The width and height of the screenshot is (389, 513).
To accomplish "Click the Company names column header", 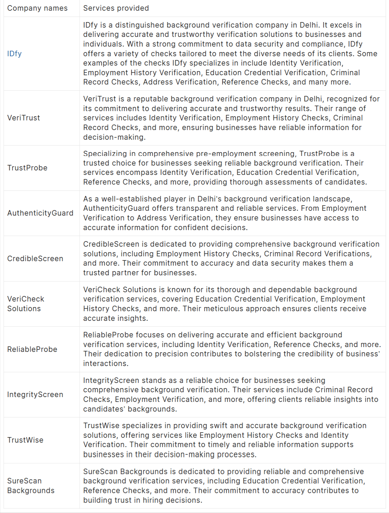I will [37, 8].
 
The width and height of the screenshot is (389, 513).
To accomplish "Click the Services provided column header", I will [116, 8].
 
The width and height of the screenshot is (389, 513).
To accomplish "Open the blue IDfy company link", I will [14, 54].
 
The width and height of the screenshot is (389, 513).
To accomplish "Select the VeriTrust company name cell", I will [23, 118].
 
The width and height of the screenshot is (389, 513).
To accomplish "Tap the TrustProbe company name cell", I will [27, 168].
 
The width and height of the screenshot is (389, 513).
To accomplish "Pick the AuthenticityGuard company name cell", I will [40, 213].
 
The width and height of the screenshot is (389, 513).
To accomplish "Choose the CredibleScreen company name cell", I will [35, 259].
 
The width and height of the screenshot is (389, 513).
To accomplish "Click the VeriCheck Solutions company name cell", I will [26, 304].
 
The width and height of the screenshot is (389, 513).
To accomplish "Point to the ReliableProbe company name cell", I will [32, 349].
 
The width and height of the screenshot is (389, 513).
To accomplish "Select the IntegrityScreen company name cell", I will [35, 395].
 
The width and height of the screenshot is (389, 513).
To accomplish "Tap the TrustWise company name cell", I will [25, 440].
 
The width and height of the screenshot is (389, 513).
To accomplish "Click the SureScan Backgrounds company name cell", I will [31, 486].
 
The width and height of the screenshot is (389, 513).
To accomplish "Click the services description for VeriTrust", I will [231, 118].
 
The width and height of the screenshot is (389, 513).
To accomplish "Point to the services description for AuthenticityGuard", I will [224, 213].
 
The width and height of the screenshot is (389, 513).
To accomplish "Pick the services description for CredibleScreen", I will [231, 259].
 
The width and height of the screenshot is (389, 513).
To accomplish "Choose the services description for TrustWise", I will [224, 440].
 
